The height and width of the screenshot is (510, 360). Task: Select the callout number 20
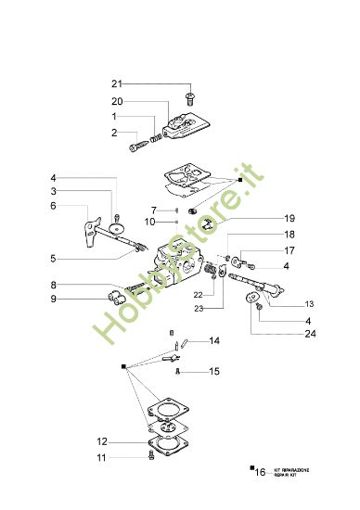[117, 101]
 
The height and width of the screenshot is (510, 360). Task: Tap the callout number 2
[114, 133]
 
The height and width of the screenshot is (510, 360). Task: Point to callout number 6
[54, 206]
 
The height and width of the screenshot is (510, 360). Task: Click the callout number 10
[149, 221]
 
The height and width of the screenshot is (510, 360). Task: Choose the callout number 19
[264, 218]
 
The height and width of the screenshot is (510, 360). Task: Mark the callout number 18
[264, 235]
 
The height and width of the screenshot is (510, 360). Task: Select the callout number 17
[264, 250]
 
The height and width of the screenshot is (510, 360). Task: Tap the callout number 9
[54, 299]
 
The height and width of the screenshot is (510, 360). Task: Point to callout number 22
[199, 295]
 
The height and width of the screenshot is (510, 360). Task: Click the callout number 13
[309, 303]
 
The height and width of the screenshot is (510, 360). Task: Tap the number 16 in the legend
[260, 472]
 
